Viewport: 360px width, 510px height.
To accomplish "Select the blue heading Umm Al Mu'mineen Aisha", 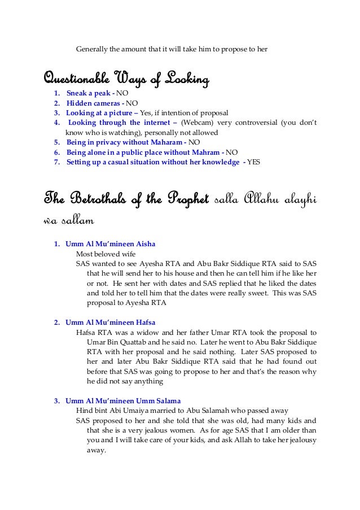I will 110,244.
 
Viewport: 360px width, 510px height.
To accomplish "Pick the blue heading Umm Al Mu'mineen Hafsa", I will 111,322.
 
